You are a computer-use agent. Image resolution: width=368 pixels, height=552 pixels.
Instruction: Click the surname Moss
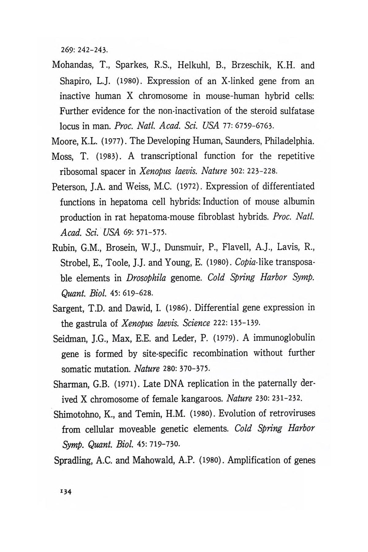(62, 156)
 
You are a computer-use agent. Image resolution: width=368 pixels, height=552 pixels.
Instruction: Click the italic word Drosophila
(146, 278)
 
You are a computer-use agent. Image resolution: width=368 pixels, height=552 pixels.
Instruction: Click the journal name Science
(196, 323)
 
